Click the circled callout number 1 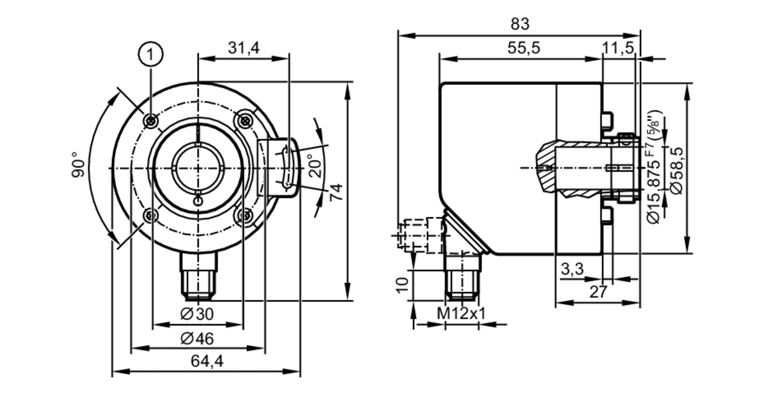coord(151,54)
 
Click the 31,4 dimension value coord(244,48)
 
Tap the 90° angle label coord(78,165)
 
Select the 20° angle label coord(317,166)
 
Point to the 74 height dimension coord(336,192)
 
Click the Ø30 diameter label coord(197,314)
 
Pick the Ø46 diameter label coord(197,339)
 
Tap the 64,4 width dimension coord(207,362)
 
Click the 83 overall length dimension coord(520,24)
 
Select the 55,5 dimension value coord(524,48)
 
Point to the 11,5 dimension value coord(618,48)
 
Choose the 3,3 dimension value coord(572,269)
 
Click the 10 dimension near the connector coord(403,285)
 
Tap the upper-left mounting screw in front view coord(151,121)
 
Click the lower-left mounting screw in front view coord(150,216)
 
